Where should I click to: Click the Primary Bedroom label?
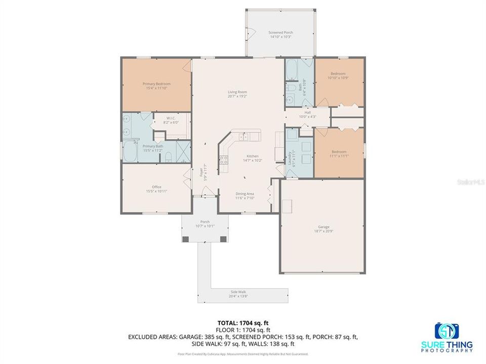[156, 84]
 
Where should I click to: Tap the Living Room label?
[237, 92]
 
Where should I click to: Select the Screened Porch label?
[280, 32]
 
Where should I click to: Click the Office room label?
[156, 187]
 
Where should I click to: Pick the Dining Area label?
[245, 194]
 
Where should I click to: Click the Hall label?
[307, 113]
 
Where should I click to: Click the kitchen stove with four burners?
[223, 161]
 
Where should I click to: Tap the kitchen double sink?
[244, 136]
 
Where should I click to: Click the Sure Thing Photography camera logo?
[447, 331]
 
